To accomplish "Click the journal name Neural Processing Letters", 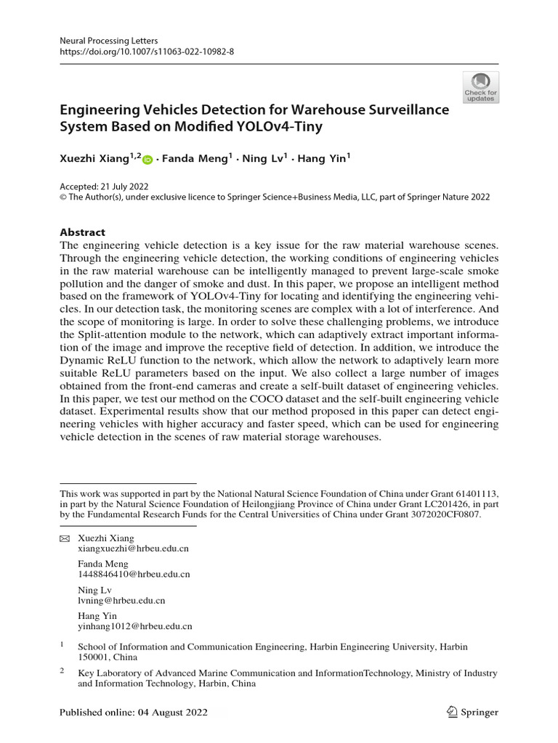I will (x=109, y=41).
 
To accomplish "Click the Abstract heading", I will (x=82, y=232).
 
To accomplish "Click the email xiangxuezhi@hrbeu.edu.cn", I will (x=133, y=549).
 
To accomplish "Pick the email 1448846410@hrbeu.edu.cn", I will (x=134, y=575).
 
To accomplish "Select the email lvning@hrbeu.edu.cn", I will (x=121, y=600).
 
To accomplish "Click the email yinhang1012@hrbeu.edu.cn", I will (x=135, y=625).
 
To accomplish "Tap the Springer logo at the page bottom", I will (x=473, y=713).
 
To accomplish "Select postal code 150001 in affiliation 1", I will (x=93, y=657).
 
